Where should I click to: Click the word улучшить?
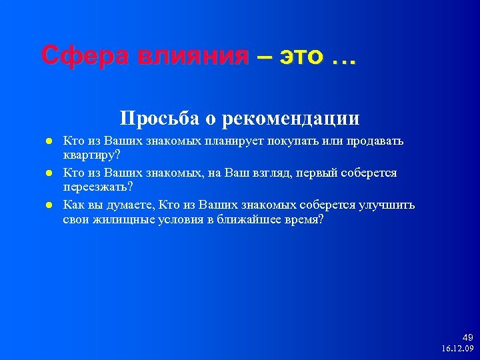(x=387, y=205)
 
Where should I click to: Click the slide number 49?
(x=467, y=337)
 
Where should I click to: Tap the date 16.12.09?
(x=457, y=348)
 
